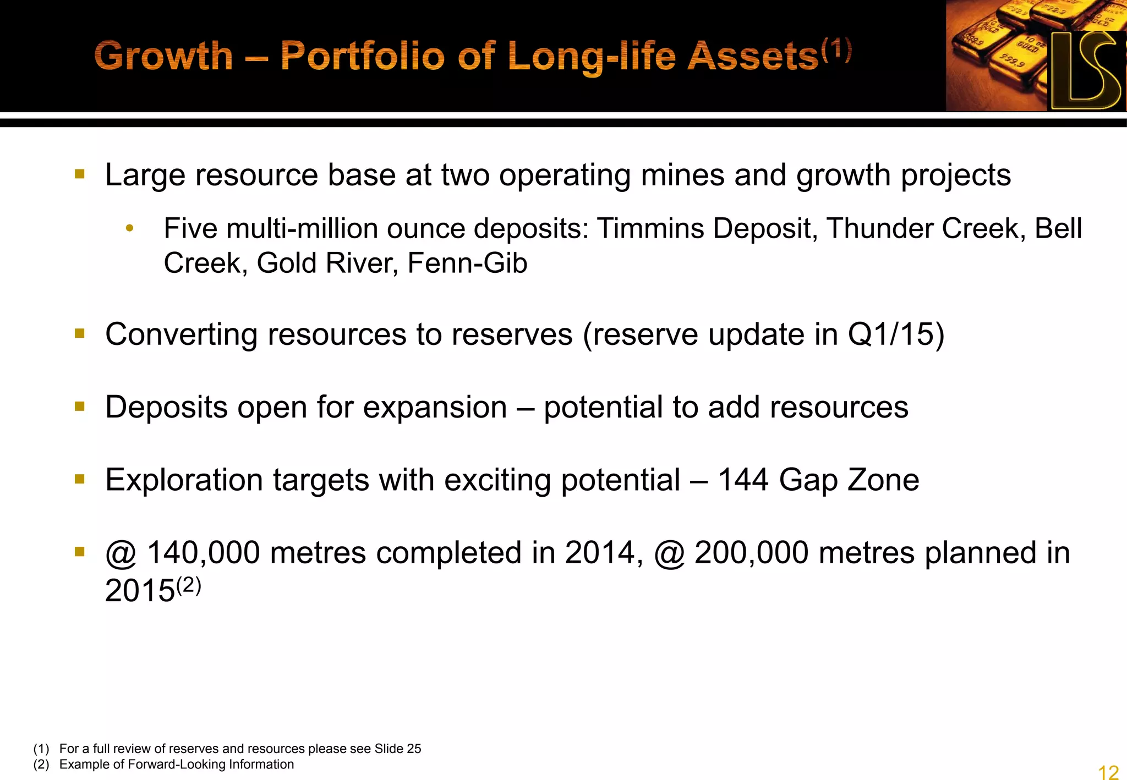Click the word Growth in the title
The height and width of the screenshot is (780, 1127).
pyautogui.click(x=163, y=56)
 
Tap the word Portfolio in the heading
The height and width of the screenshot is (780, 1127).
pyautogui.click(x=362, y=56)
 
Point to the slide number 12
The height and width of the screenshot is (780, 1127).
pyautogui.click(x=1108, y=771)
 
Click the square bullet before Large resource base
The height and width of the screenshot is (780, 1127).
pyautogui.click(x=80, y=175)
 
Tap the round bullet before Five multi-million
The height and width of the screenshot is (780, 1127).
pyautogui.click(x=129, y=228)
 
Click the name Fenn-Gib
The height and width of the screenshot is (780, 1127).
pyautogui.click(x=467, y=263)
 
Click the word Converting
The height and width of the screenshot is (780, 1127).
pyautogui.click(x=181, y=334)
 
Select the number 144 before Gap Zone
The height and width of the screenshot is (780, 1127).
pyautogui.click(x=743, y=480)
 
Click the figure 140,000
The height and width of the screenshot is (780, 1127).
pyautogui.click(x=203, y=553)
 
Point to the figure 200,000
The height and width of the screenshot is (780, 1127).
pyautogui.click(x=751, y=553)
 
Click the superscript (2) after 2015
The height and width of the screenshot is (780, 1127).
pyautogui.click(x=188, y=585)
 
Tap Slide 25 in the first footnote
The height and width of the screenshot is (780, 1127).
pyautogui.click(x=397, y=749)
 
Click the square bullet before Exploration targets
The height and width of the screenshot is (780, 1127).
pyautogui.click(x=80, y=480)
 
